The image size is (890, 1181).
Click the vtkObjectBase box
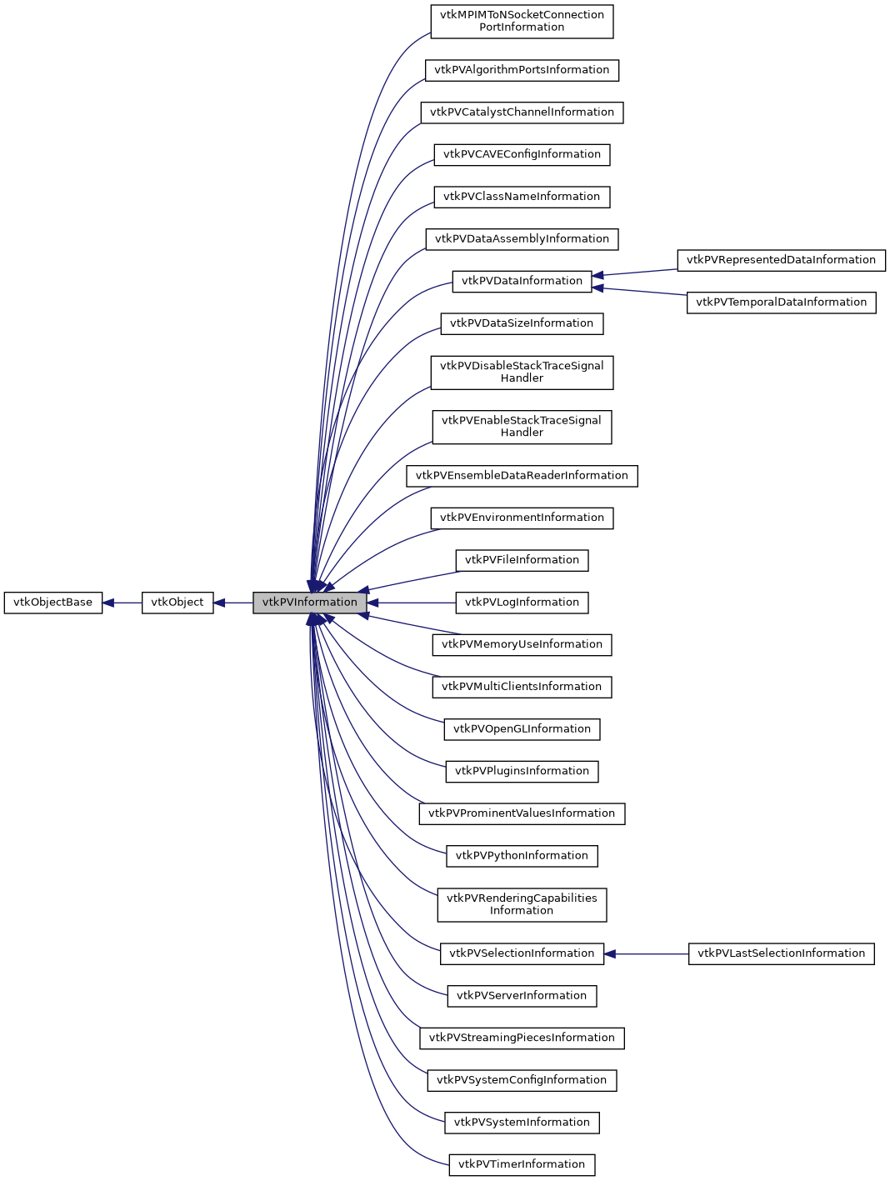coord(52,603)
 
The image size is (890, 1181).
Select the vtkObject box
coord(177,603)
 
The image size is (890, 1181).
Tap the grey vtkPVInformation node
coord(309,603)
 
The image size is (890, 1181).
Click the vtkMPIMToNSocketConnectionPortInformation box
coord(522,22)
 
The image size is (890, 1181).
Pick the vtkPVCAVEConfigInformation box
coord(522,154)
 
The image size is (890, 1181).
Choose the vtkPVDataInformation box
coord(522,281)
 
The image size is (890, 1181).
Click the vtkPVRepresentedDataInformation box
coord(781,260)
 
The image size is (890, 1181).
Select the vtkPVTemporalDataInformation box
coord(781,303)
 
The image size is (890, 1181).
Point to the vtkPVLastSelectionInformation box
coord(781,953)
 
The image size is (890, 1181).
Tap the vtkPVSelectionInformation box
coord(522,953)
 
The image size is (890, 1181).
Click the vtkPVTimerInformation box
coord(522,1164)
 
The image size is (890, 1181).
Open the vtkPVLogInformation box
coord(522,603)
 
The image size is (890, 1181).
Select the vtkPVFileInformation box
coord(522,560)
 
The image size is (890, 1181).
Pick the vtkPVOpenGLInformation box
coord(522,729)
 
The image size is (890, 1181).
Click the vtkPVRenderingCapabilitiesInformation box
coord(522,904)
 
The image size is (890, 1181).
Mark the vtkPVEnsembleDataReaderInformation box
coord(522,476)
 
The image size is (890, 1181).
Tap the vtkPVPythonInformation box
coord(522,856)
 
